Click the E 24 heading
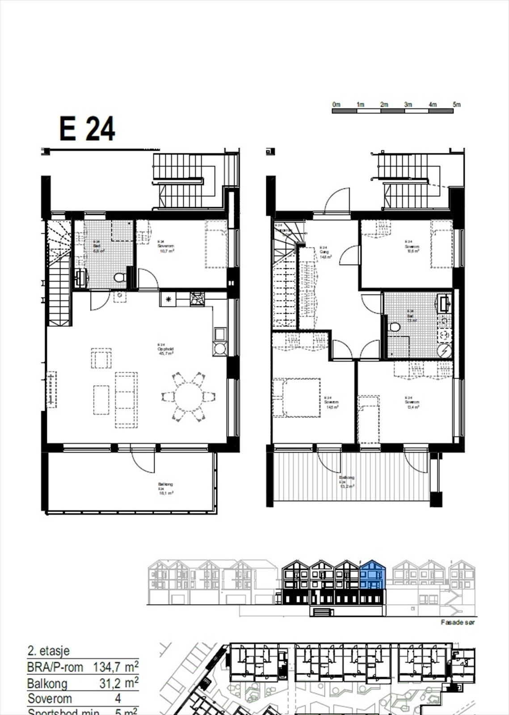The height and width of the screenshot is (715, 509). (87, 129)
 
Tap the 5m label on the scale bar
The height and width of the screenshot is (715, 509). (456, 104)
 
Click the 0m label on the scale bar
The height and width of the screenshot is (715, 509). (337, 104)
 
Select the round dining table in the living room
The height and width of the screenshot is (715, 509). (188, 397)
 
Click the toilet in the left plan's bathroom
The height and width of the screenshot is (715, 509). (119, 278)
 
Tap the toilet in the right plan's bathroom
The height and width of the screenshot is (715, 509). (395, 328)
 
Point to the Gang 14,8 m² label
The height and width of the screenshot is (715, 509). (325, 254)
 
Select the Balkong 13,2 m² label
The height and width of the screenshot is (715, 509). (348, 482)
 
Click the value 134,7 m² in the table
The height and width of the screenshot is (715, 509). (115, 667)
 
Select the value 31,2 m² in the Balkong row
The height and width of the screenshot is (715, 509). (118, 683)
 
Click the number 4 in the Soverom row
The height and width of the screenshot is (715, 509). (118, 698)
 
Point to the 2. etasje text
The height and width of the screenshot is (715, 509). (48, 651)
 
